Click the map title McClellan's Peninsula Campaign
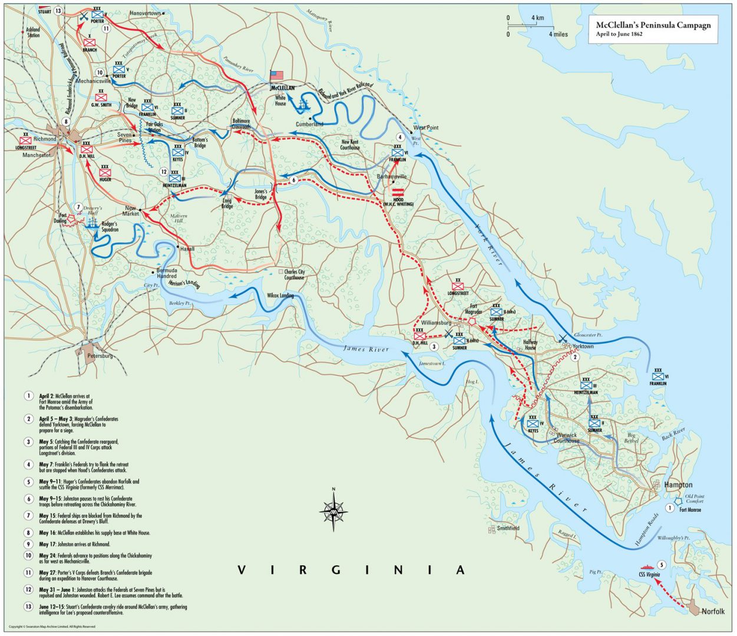653,25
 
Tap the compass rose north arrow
333,511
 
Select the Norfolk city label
713,611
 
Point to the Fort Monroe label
690,509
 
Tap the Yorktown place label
583,347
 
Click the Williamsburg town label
436,323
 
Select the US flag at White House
276,75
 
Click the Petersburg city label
99,356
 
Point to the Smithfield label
508,528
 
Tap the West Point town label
425,127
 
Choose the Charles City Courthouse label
295,274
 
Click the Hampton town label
678,485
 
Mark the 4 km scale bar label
537,18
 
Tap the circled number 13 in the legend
28,607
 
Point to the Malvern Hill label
178,219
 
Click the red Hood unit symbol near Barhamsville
398,192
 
